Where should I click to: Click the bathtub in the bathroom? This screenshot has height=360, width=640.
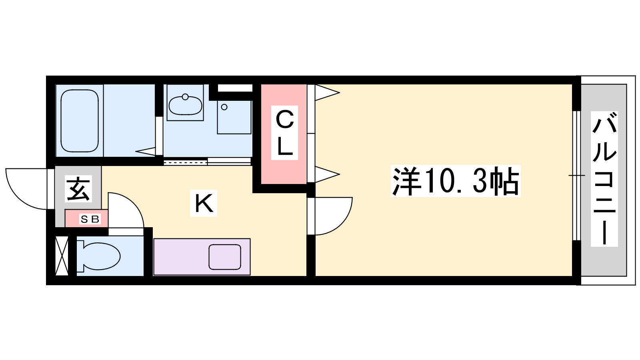click(x=80, y=121)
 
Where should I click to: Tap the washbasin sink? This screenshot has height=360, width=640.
click(x=186, y=105)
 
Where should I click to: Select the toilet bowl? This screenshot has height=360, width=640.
click(x=98, y=256)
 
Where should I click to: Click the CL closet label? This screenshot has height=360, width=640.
click(x=284, y=133)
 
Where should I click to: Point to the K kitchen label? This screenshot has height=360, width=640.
click(x=204, y=203)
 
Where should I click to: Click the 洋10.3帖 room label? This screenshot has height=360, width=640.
click(x=456, y=181)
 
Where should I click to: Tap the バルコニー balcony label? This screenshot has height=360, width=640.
click(x=604, y=179)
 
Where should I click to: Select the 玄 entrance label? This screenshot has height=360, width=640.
click(x=78, y=188)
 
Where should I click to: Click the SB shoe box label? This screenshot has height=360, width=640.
click(x=90, y=219)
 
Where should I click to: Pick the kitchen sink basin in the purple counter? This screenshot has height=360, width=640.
click(x=225, y=257)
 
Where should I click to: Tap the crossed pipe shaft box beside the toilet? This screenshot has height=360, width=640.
click(x=62, y=256)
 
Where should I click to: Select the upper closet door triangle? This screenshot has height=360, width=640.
click(x=327, y=92)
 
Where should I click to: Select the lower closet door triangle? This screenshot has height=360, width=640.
click(x=327, y=174)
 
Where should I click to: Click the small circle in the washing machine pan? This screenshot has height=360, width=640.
click(x=224, y=107)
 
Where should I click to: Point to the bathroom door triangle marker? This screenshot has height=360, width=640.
click(x=146, y=152)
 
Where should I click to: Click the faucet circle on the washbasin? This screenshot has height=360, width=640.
click(x=185, y=97)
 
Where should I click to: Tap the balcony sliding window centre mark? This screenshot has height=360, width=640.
click(x=576, y=175)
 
